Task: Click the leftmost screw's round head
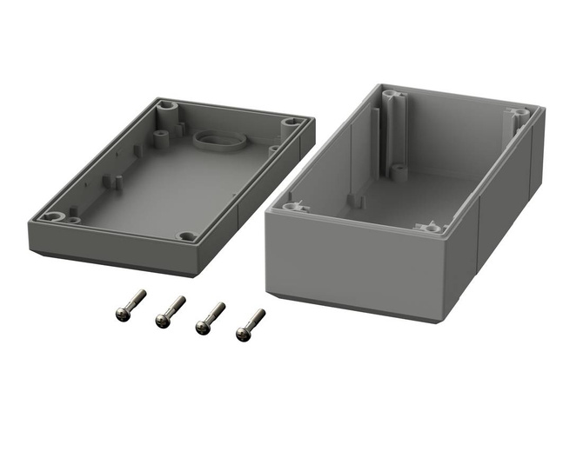pyautogui.click(x=122, y=315)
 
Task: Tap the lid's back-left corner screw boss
pyautogui.click(x=165, y=109)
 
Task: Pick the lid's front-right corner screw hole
pyautogui.click(x=187, y=235)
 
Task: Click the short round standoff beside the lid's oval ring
pyautogui.click(x=162, y=136)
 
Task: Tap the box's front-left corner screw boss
pyautogui.click(x=290, y=208)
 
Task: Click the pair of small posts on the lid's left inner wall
pyautogui.click(x=112, y=182)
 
